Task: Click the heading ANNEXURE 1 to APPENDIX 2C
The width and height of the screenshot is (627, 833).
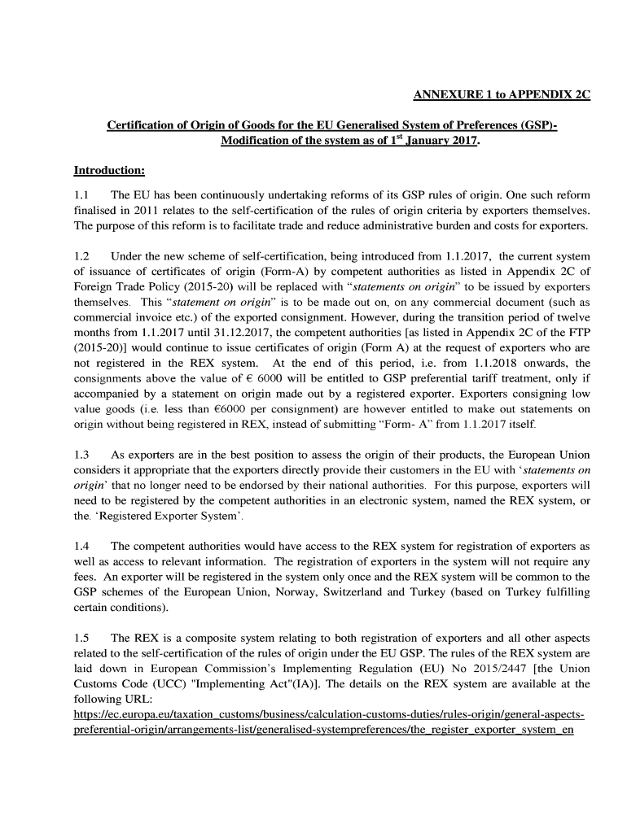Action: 502,94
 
